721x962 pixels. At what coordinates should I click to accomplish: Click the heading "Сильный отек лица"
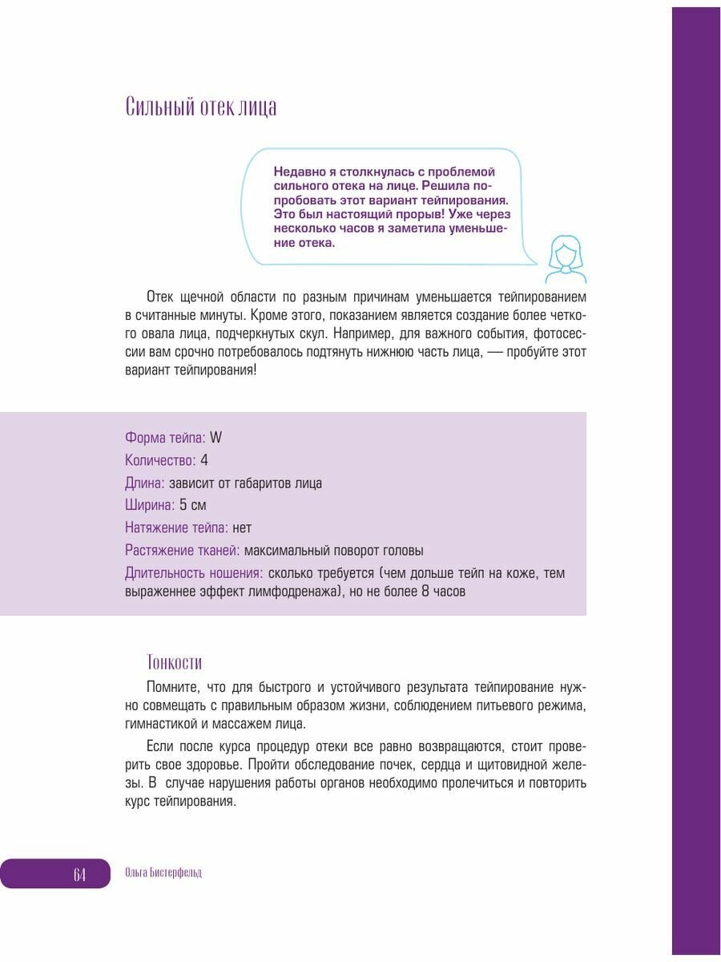(201, 107)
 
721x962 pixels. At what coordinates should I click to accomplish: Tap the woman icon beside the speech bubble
(566, 259)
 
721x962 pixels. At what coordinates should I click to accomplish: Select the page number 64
(79, 874)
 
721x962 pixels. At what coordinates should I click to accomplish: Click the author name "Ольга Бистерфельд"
(164, 873)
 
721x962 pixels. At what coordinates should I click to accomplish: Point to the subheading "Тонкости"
(175, 662)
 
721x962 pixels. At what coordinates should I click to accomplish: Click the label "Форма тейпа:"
(165, 438)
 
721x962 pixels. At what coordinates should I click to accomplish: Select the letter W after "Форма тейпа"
(215, 438)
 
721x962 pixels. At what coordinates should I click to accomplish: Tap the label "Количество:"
(160, 460)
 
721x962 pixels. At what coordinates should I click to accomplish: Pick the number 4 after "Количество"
(204, 460)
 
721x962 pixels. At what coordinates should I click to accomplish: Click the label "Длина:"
(145, 483)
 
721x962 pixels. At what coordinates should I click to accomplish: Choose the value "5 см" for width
(193, 505)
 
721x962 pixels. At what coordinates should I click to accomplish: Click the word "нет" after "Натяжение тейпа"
(242, 527)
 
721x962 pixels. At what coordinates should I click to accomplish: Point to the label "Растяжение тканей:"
(182, 550)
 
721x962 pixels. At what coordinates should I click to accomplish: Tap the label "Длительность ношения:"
(194, 572)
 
